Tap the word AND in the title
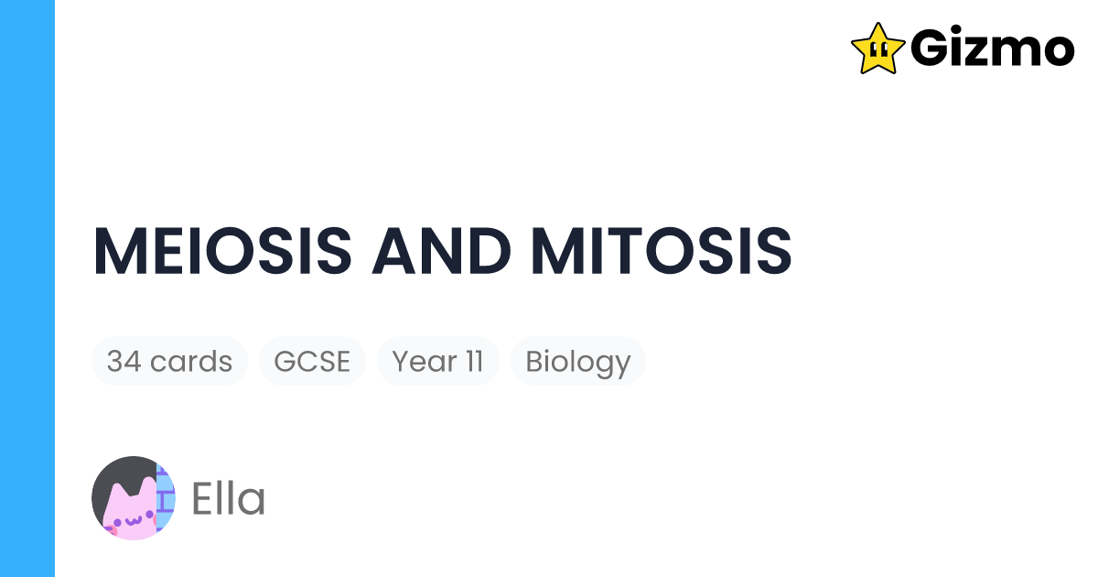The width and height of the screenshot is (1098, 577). [441, 250]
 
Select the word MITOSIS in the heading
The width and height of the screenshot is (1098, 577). [662, 250]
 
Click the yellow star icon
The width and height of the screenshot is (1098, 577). [877, 49]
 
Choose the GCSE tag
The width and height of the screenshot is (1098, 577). [312, 361]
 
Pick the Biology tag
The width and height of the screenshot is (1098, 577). [577, 361]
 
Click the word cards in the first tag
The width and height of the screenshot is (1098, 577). [190, 361]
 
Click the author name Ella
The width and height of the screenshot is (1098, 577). [228, 499]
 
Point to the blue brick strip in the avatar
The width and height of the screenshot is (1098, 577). [166, 498]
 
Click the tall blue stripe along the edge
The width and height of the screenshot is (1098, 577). [27, 288]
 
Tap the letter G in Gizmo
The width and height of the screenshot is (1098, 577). [931, 49]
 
